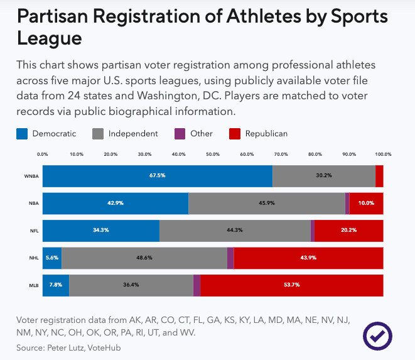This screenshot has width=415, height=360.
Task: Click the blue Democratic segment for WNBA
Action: click(x=158, y=175)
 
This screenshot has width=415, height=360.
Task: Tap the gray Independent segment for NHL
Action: click(x=144, y=258)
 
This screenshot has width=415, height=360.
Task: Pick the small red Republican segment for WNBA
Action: click(x=379, y=175)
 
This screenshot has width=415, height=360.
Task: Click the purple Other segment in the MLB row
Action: click(x=197, y=285)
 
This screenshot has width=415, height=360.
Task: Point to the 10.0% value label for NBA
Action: click(x=366, y=203)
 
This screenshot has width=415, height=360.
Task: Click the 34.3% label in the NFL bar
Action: click(x=101, y=230)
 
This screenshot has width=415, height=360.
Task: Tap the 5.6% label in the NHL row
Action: click(x=52, y=258)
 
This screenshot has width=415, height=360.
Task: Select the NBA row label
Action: click(x=33, y=203)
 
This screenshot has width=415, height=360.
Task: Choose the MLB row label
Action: click(x=33, y=285)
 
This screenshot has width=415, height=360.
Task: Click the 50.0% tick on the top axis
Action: click(x=213, y=153)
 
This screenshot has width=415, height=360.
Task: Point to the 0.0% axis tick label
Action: click(x=43, y=153)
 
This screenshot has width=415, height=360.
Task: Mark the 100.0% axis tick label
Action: click(x=383, y=153)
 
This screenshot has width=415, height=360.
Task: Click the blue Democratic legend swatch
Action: click(x=22, y=133)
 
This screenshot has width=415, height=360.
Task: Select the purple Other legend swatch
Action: click(x=180, y=133)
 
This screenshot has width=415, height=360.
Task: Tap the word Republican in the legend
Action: click(x=266, y=133)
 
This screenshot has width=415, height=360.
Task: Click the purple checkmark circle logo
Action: click(x=378, y=336)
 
